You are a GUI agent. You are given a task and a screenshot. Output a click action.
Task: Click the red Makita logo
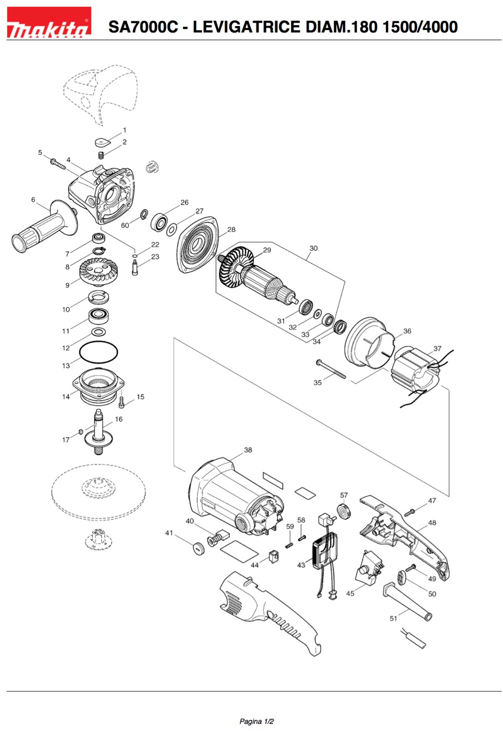(49, 22)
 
